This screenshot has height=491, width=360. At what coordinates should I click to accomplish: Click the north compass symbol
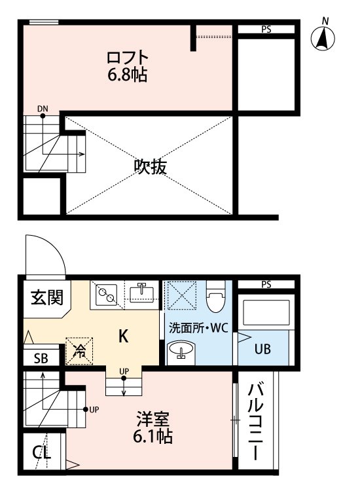tap(323, 37)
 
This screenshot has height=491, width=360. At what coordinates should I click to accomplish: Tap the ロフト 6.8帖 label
tap(128, 66)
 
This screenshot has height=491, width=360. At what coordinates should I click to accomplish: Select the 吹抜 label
tap(150, 167)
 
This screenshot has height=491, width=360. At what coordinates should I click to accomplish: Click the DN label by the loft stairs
tap(43, 109)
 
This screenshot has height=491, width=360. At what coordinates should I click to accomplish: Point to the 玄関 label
tap(46, 299)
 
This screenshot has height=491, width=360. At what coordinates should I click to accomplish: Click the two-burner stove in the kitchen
tap(105, 295)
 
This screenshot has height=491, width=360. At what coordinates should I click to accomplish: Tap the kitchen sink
tap(141, 293)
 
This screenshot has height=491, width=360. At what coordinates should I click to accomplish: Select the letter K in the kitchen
tap(123, 336)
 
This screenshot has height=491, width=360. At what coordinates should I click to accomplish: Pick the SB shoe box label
tap(40, 359)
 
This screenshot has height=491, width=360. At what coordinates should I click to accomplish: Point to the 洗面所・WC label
tap(198, 328)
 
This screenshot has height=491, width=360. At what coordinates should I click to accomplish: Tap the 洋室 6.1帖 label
tap(154, 427)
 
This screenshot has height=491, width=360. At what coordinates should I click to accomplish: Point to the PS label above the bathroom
tap(266, 283)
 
